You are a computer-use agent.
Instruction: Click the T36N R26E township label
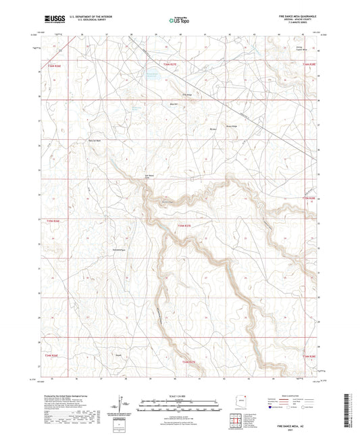53,66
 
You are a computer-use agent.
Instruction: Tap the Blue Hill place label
173,104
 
